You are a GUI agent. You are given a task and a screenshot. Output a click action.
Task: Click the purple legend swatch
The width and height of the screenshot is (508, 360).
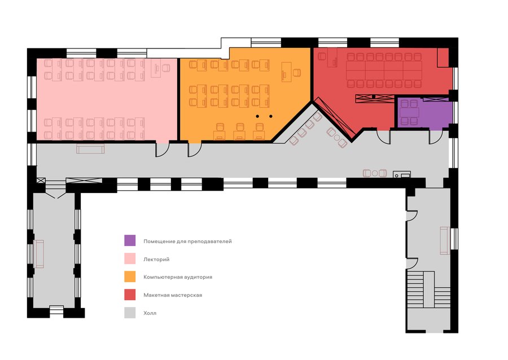point(130,240)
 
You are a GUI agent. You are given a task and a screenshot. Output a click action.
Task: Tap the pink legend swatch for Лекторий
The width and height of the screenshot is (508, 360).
point(130,258)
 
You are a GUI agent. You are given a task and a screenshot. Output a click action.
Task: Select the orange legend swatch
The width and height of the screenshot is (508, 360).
point(130,277)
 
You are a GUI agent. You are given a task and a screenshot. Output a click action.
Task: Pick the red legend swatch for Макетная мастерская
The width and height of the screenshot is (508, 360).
point(130,295)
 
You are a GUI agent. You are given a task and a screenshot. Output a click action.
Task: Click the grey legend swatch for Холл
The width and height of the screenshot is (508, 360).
point(130,313)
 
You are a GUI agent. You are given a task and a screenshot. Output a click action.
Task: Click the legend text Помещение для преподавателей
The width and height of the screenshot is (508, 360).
point(187,242)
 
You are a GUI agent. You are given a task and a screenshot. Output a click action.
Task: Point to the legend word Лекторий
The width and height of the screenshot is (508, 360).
point(156,260)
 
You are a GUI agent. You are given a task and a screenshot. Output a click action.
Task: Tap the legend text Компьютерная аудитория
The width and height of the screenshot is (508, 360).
point(178,277)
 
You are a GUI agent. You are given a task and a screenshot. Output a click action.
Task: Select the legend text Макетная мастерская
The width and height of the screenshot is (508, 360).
point(173,295)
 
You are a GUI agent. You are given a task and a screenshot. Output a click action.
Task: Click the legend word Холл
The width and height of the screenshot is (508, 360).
point(150,313)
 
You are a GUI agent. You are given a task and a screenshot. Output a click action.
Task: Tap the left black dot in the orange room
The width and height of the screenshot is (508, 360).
point(257,116)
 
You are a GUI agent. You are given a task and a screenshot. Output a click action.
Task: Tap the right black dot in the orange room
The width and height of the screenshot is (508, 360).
point(271,116)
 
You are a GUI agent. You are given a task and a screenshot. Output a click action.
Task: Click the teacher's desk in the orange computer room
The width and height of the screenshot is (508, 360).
point(286,72)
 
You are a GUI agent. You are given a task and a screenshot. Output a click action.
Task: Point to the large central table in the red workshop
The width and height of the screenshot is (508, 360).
point(384,71)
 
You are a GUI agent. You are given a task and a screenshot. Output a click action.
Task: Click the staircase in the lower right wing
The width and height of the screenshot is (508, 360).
point(428,289)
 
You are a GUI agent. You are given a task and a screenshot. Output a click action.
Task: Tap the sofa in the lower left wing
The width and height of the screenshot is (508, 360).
point(38,254)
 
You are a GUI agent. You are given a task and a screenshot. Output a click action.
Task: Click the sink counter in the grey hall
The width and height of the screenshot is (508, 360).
point(402,174)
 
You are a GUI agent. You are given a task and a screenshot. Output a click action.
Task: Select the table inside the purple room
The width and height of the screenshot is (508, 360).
point(409,113)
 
